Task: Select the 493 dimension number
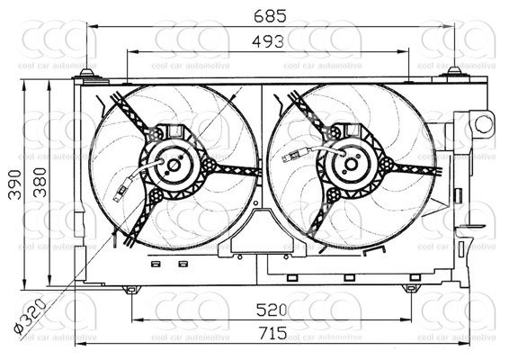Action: pos(269,40)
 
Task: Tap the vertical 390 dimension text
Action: pos(12,184)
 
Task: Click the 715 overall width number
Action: pos(271,333)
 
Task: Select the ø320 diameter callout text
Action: pos(31,318)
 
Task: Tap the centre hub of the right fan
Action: pos(353,165)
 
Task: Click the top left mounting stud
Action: pos(86,73)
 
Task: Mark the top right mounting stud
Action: pos(454,71)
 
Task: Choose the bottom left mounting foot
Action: pos(132,290)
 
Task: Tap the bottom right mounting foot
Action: pos(411,289)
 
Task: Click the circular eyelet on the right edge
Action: pos(483,123)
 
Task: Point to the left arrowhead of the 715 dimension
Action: pos(79,343)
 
